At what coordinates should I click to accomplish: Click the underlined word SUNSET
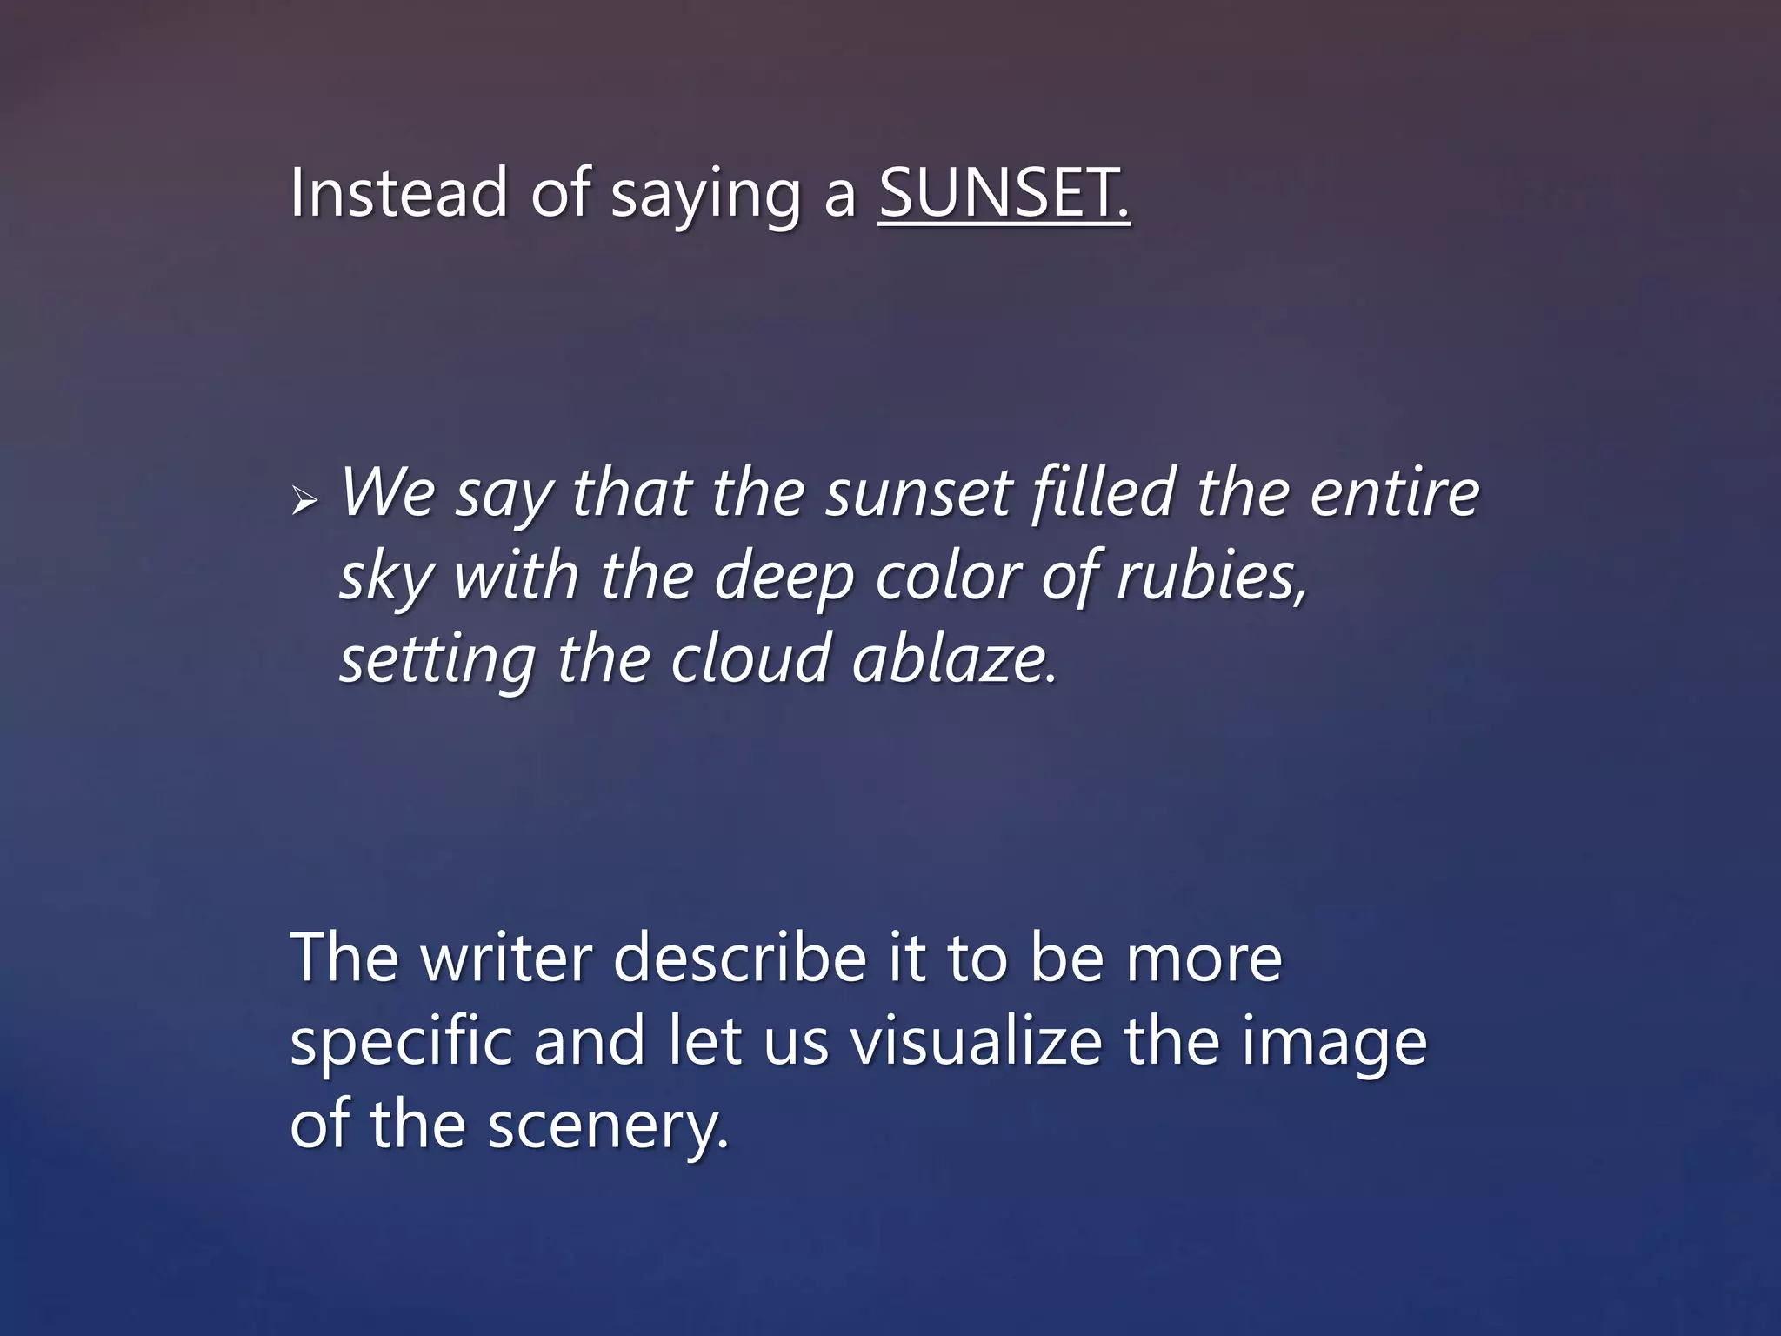pyautogui.click(x=1004, y=193)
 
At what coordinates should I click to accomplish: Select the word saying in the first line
pyautogui.click(x=705, y=197)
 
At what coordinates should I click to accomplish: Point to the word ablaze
pyautogui.click(x=953, y=658)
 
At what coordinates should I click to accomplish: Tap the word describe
pyautogui.click(x=740, y=958)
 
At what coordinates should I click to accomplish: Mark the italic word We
pyautogui.click(x=388, y=492)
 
